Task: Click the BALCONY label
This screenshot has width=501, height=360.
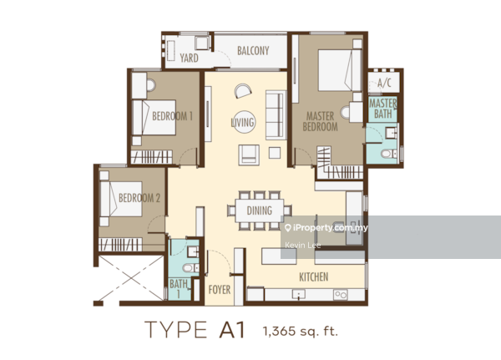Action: click(x=253, y=51)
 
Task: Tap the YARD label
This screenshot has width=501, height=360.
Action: click(x=188, y=58)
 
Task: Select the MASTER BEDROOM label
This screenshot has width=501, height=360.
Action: click(x=321, y=122)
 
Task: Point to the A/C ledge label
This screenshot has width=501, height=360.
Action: click(x=385, y=84)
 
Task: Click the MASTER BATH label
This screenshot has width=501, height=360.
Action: click(x=383, y=108)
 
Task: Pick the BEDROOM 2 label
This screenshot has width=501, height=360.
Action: click(x=139, y=198)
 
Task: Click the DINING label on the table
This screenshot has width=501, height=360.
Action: click(x=260, y=210)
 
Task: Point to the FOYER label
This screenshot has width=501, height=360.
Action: click(x=219, y=292)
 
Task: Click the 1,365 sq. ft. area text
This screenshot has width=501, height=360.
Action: click(x=301, y=332)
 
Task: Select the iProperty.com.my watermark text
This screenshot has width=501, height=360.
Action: click(x=329, y=226)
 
